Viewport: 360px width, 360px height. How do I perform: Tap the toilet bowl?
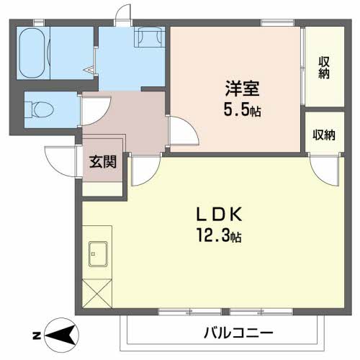(x=40, y=109)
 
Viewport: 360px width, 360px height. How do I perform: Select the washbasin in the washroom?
(x=149, y=37)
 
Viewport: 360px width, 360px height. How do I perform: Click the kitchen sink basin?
(x=97, y=253)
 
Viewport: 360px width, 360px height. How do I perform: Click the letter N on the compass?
(x=36, y=336)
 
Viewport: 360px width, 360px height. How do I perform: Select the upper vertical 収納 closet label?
(x=323, y=67)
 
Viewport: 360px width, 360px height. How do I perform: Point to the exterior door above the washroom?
(x=124, y=14)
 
